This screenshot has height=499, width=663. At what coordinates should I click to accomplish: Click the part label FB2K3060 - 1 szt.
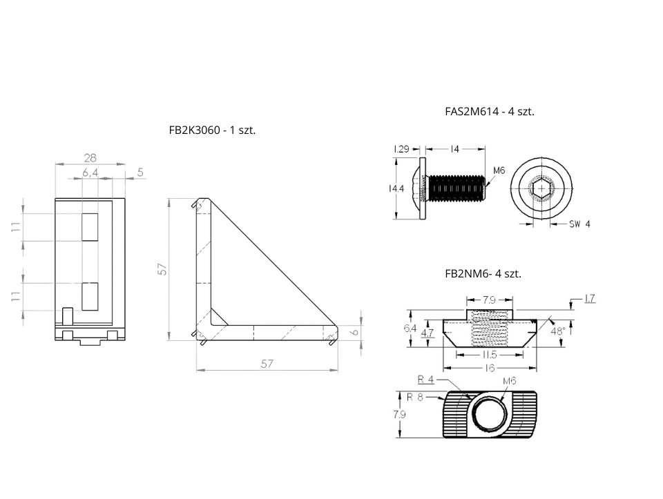pyautogui.click(x=212, y=130)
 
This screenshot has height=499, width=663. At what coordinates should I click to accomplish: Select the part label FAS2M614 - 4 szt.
pyautogui.click(x=490, y=110)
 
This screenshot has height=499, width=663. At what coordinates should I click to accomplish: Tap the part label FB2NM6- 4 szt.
pyautogui.click(x=483, y=273)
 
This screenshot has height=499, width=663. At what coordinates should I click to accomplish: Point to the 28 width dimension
pyautogui.click(x=90, y=157)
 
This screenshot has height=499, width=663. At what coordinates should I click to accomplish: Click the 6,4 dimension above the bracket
pyautogui.click(x=90, y=173)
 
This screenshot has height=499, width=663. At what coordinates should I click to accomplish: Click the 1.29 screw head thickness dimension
pyautogui.click(x=403, y=149)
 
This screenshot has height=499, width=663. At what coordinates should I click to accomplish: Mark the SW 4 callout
pyautogui.click(x=579, y=224)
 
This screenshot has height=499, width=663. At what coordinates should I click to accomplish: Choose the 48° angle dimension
pyautogui.click(x=557, y=331)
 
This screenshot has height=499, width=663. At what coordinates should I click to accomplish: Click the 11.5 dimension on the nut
pyautogui.click(x=490, y=354)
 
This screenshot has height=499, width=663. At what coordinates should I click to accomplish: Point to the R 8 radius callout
pyautogui.click(x=414, y=397)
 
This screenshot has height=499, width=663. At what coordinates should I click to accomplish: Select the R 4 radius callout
pyautogui.click(x=426, y=379)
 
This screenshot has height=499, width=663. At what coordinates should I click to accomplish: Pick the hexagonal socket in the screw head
pyautogui.click(x=541, y=188)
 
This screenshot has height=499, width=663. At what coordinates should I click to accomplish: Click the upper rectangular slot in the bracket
pyautogui.click(x=90, y=226)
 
